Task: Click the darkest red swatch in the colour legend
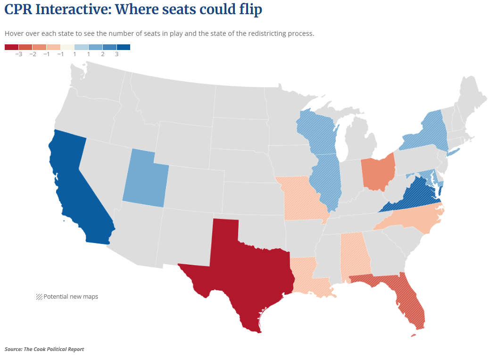click(11, 47)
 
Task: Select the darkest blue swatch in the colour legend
click(123, 47)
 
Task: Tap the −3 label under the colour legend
click(18, 55)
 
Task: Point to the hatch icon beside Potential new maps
click(39, 297)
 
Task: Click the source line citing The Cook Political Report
click(44, 349)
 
